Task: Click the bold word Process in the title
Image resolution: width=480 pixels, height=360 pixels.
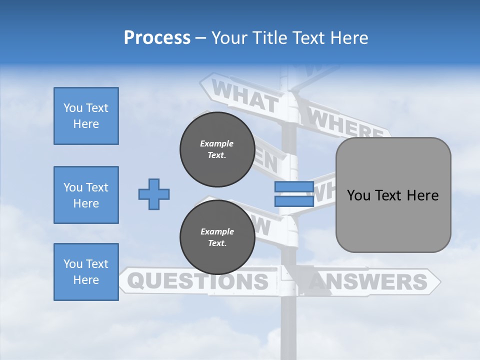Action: (x=157, y=38)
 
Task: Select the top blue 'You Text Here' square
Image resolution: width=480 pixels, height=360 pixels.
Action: (x=86, y=116)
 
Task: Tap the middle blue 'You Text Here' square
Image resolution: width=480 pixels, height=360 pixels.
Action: (x=86, y=195)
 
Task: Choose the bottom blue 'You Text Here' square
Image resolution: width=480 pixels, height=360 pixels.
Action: (x=86, y=272)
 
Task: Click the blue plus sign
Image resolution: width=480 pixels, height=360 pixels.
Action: (x=154, y=194)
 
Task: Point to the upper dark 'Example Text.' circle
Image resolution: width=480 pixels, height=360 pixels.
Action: (x=217, y=149)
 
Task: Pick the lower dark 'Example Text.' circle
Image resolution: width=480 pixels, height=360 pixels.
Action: (x=217, y=237)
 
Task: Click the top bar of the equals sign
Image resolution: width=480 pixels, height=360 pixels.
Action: (x=294, y=187)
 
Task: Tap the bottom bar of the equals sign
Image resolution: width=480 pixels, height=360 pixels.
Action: (x=294, y=201)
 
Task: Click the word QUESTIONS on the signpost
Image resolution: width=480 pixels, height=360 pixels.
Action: (x=200, y=281)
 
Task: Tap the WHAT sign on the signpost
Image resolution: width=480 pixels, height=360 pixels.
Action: (x=244, y=96)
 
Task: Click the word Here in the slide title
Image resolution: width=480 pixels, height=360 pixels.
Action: (x=349, y=38)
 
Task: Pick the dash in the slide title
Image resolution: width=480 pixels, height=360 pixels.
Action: (x=201, y=38)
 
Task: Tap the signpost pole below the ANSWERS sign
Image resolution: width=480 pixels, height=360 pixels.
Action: (x=289, y=325)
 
